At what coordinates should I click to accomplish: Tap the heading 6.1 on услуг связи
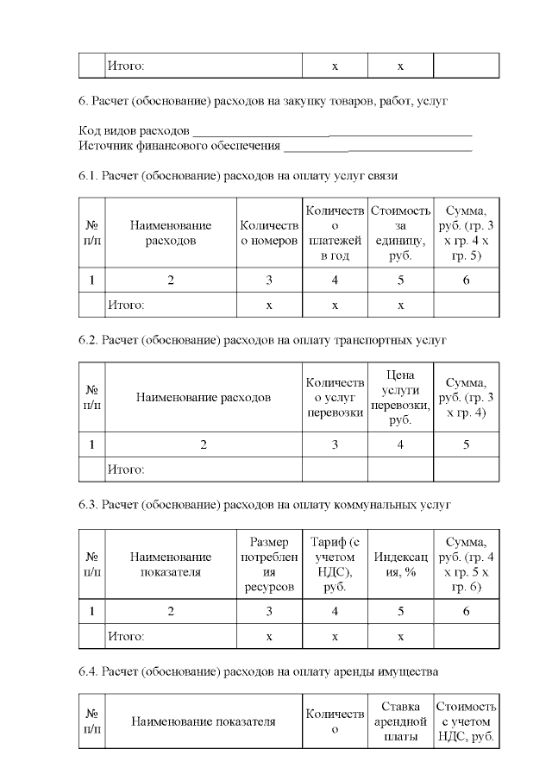point(238,176)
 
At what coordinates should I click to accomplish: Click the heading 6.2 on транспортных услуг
point(262,341)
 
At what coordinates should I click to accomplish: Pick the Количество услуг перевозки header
point(335,398)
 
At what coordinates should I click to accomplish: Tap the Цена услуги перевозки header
point(400,398)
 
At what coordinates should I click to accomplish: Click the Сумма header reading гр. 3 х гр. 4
point(466,398)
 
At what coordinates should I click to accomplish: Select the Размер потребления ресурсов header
point(269,564)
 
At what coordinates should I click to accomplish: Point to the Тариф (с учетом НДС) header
point(335,564)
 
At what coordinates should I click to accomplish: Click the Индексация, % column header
point(400,564)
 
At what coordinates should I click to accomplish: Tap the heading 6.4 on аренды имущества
point(258,671)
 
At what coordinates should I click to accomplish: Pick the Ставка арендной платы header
point(400,721)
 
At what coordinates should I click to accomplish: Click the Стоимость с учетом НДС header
point(466,721)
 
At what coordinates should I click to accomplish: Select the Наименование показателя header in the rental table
point(203,721)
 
